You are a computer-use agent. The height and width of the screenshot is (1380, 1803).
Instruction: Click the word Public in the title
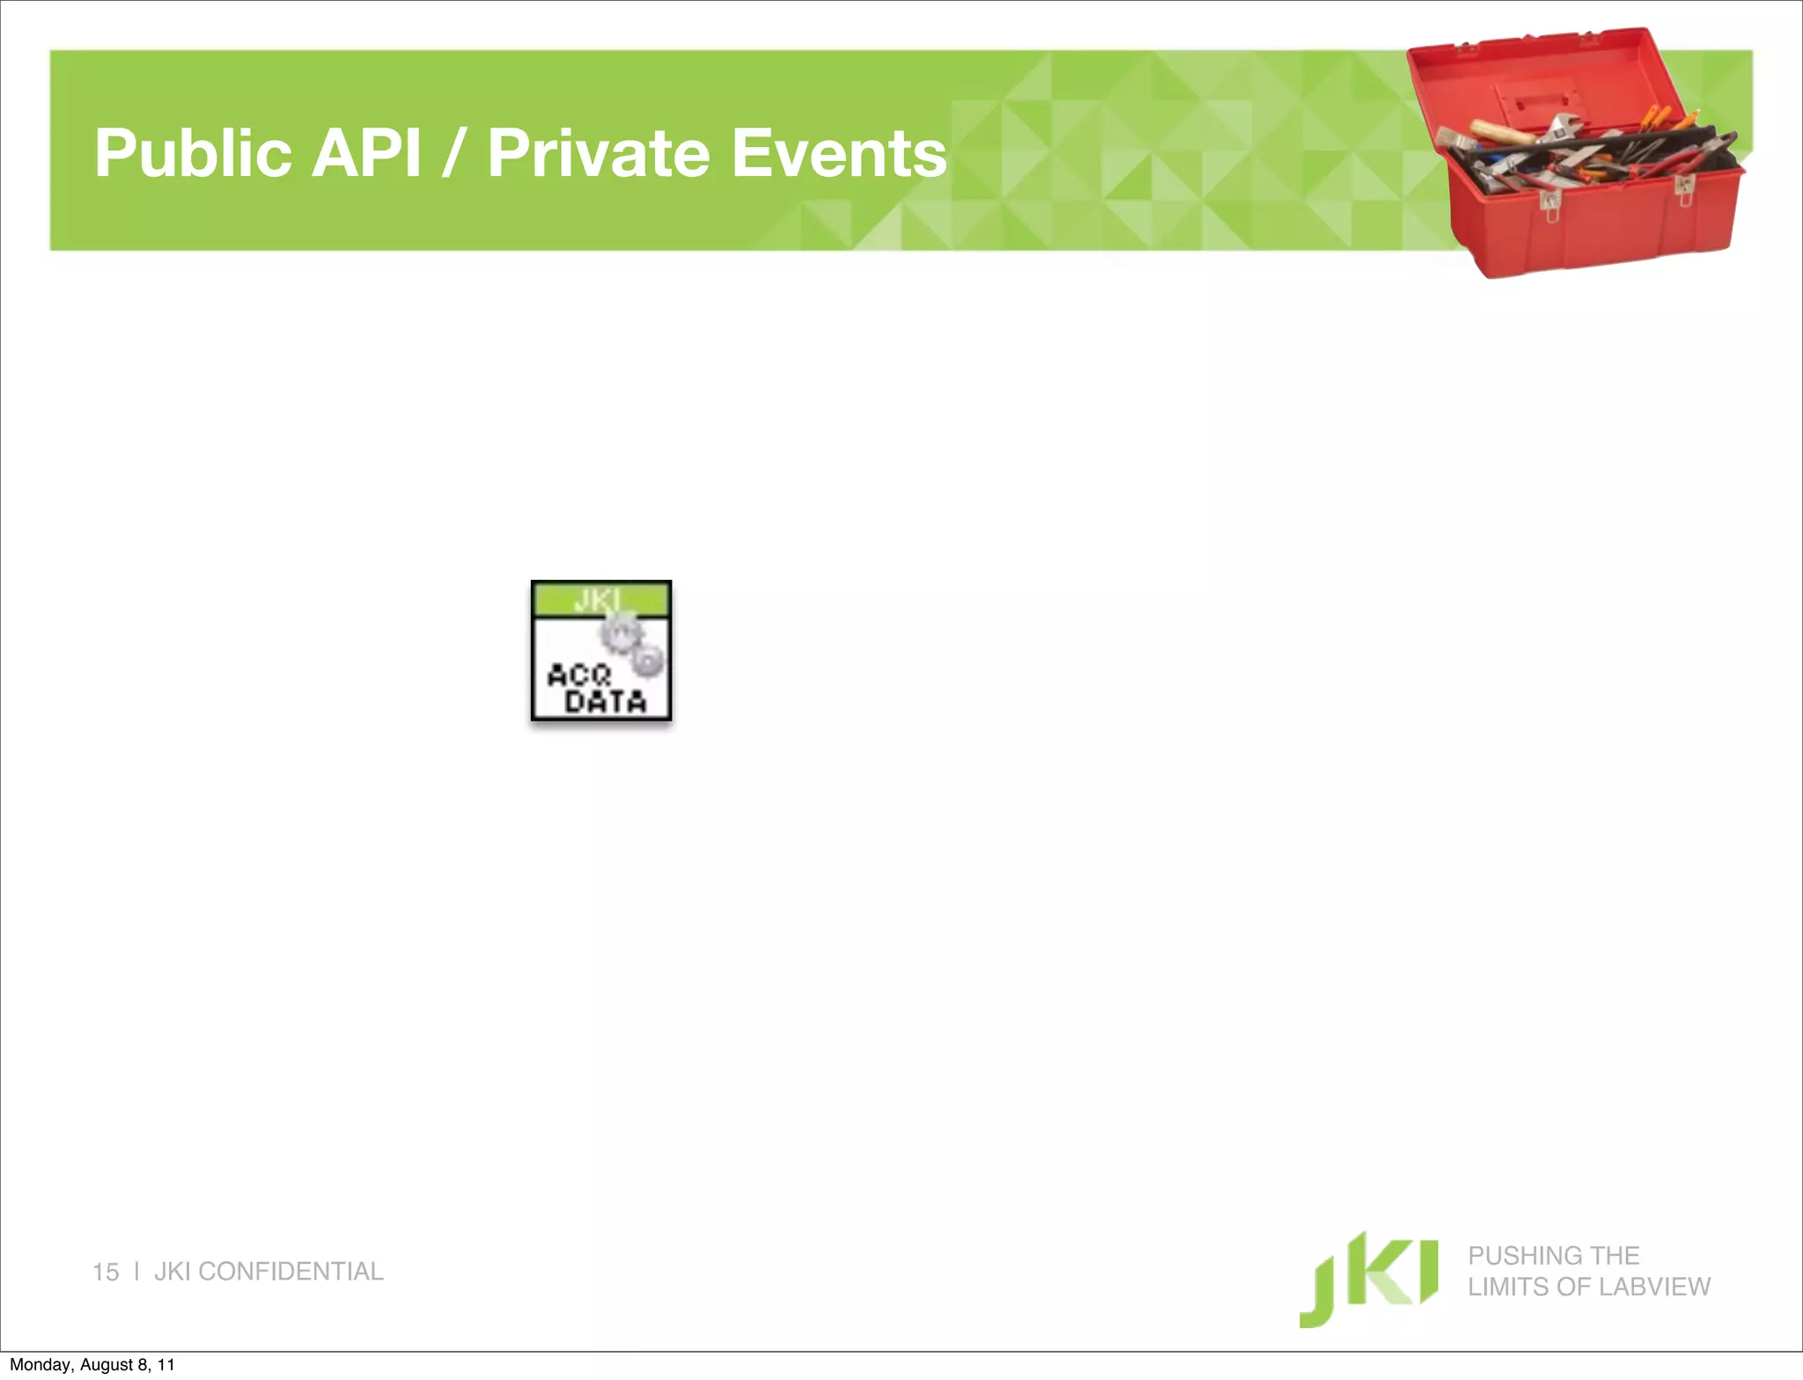pos(193,154)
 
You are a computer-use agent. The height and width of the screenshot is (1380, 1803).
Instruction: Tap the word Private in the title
pos(598,153)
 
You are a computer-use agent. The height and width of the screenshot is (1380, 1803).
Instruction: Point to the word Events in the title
pos(839,153)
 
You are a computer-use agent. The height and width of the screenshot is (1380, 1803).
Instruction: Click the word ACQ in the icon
pos(579,675)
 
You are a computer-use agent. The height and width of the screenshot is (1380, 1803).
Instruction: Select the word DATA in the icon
pos(606,701)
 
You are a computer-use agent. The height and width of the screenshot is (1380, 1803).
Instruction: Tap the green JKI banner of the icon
pos(601,599)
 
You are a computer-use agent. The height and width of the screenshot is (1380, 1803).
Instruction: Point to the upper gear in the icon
pos(622,631)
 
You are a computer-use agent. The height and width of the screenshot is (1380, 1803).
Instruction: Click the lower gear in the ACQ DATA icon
pos(649,661)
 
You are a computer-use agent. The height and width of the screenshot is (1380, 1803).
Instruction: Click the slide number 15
pos(106,1272)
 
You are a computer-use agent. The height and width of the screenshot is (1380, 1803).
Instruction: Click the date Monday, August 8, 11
pos(92,1364)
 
